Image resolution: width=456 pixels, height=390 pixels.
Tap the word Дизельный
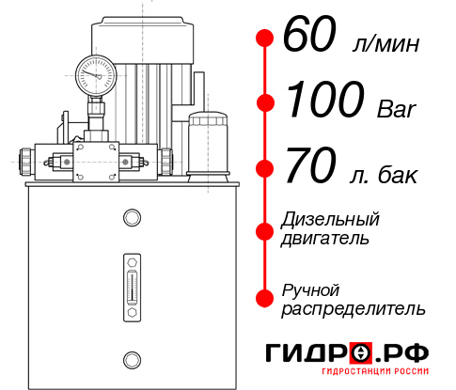tap(331, 220)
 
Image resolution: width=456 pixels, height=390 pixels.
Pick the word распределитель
tap(354, 308)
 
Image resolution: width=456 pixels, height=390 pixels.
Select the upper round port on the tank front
tap(132, 218)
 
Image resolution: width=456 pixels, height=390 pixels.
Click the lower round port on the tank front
tap(132, 357)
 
